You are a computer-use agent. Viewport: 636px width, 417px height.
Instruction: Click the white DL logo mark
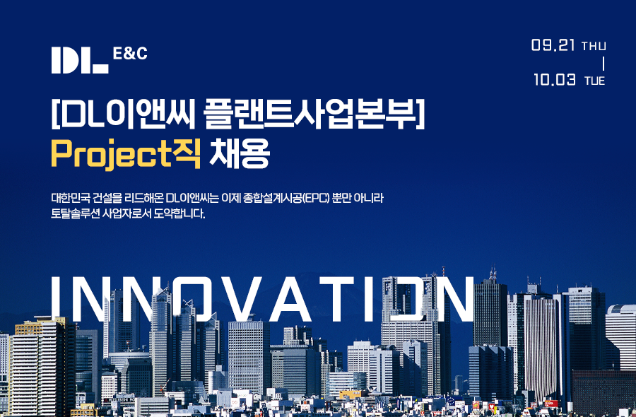pos(79,61)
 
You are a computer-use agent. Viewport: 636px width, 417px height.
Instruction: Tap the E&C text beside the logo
pos(130,54)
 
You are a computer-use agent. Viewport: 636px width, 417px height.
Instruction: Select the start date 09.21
pos(553,45)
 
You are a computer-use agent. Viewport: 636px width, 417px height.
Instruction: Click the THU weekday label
pos(594,46)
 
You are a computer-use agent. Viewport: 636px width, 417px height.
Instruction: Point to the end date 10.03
pos(555,79)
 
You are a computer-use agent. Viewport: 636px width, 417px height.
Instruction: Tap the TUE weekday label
pos(594,81)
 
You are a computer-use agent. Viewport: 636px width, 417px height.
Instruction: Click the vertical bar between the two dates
pos(603,64)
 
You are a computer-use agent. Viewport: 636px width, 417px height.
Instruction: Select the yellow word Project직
pos(126,154)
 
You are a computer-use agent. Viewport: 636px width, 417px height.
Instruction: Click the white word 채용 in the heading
pos(240,154)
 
